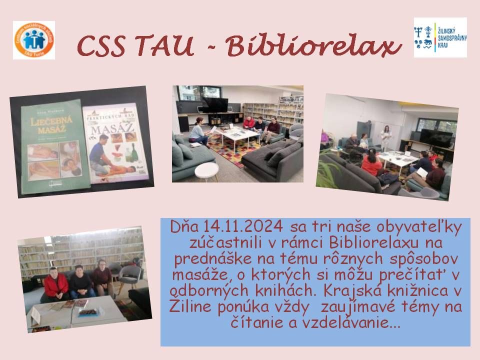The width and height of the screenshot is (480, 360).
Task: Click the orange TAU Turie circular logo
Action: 34,40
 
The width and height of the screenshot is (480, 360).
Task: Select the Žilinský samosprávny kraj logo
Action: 440,37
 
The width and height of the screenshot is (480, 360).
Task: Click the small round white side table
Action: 206,170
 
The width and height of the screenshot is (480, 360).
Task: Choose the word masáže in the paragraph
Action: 192,274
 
